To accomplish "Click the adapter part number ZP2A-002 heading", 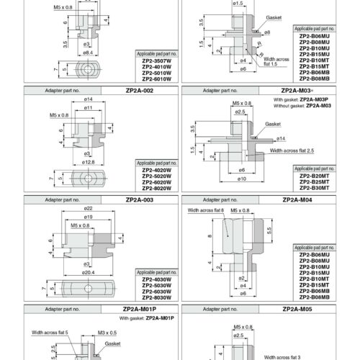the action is click(x=140, y=91).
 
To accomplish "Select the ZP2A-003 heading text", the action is click(x=140, y=200).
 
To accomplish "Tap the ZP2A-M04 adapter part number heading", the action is click(x=297, y=200).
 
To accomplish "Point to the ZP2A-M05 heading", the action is click(x=297, y=309).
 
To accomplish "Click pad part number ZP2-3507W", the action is click(x=157, y=61).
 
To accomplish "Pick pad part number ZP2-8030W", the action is click(x=157, y=297).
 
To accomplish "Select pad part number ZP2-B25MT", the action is click(x=315, y=182).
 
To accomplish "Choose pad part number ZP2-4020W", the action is click(x=157, y=170).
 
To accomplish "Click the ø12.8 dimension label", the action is click(x=88, y=162).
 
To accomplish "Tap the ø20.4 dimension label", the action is click(x=88, y=272).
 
